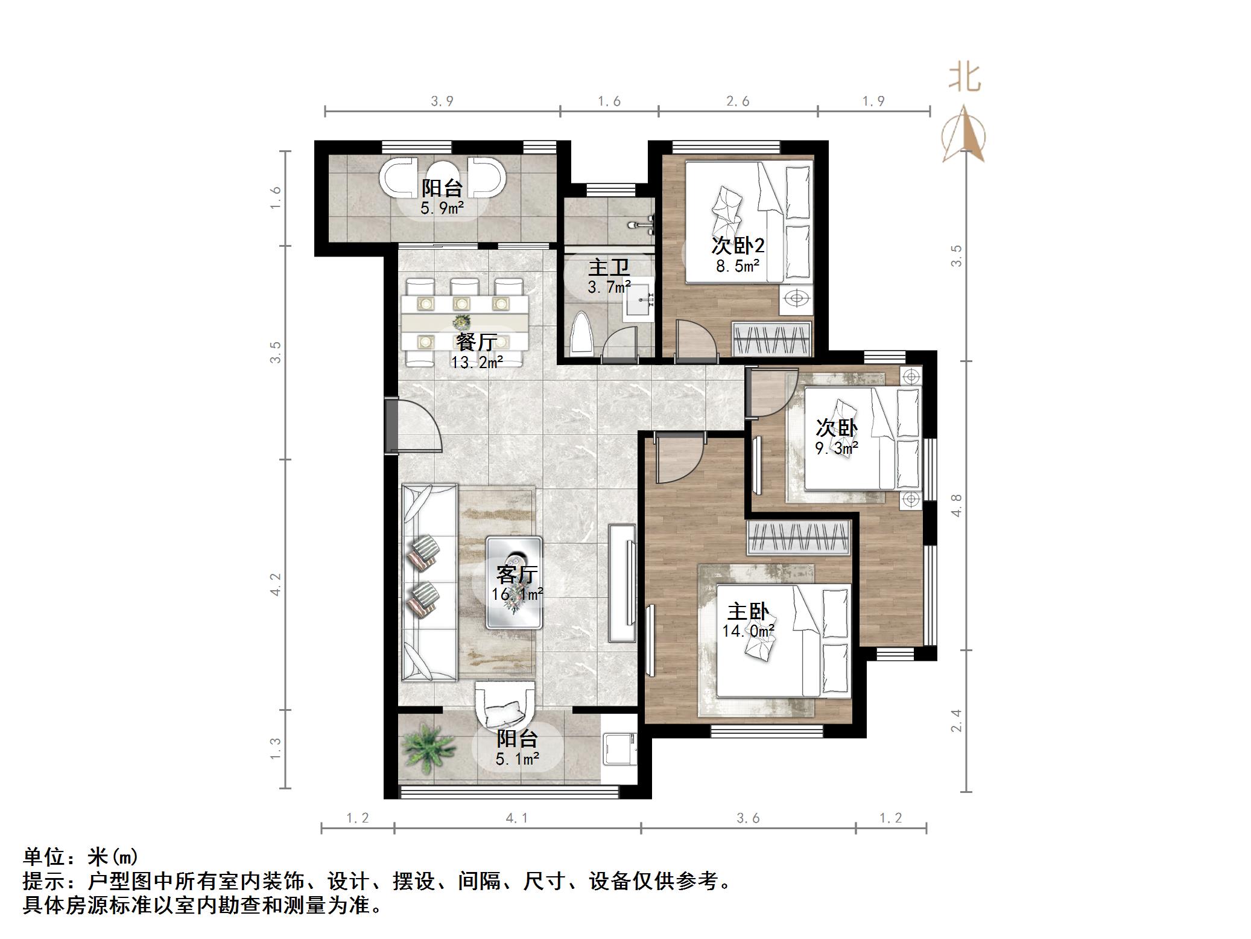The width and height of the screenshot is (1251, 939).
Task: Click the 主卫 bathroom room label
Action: point(609,267)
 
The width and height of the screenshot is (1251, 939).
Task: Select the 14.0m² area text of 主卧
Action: point(748,631)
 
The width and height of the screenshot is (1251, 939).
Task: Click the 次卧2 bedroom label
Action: point(738,246)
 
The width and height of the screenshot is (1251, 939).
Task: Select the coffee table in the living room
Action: point(514,582)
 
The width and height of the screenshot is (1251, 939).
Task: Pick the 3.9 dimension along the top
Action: point(442,101)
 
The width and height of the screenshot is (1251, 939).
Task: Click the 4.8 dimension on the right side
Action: point(956,505)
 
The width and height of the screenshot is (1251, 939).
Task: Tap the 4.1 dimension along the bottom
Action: point(516,818)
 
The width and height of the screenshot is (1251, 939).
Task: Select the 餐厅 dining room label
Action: point(477,342)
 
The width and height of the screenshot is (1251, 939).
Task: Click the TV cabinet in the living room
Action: point(622,582)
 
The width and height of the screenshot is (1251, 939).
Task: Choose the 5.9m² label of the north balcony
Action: point(442,209)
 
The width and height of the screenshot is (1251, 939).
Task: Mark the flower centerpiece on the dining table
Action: point(461,321)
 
